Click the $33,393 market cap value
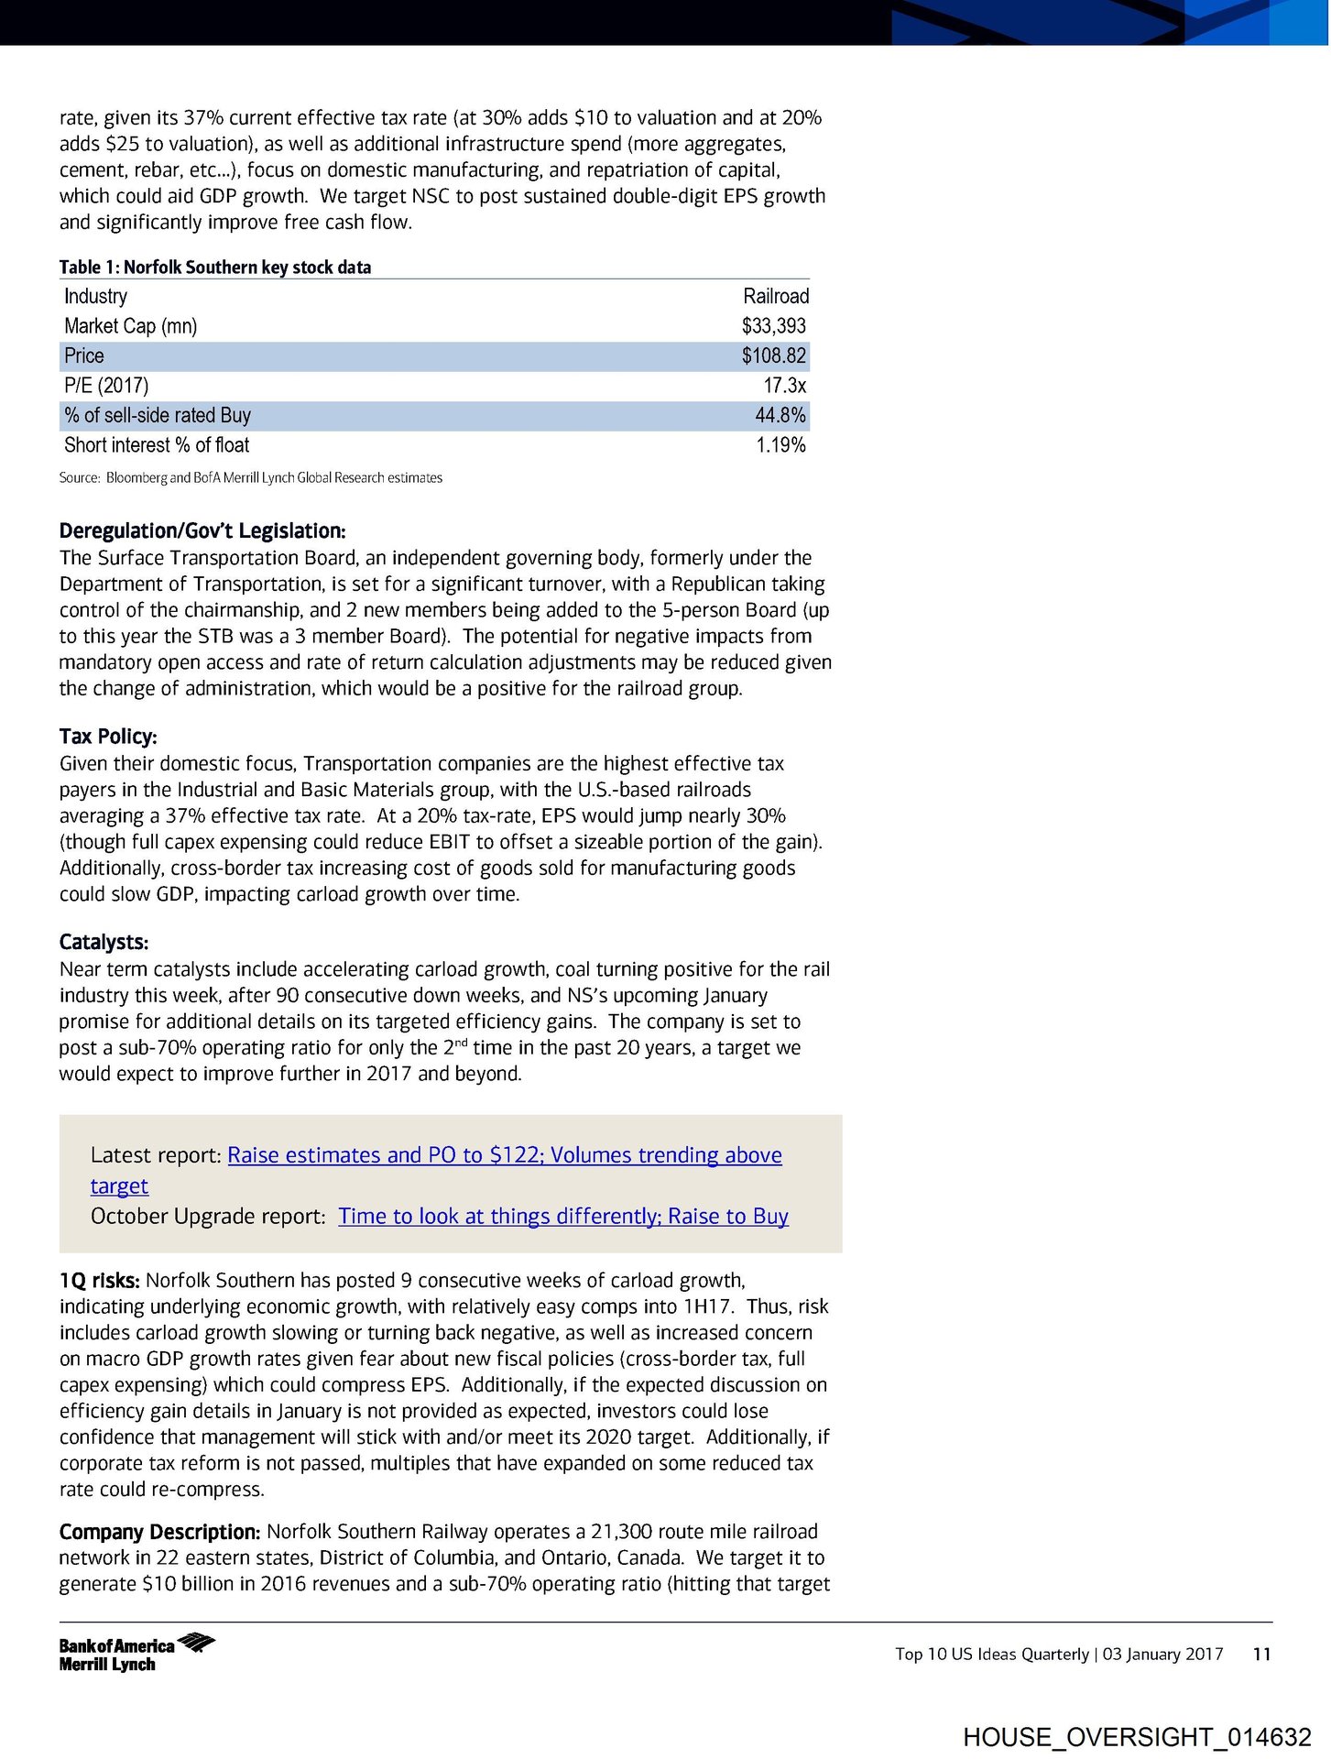773,326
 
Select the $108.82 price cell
773,355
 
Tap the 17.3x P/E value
784,386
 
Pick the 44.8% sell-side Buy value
780,415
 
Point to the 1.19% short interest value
780,445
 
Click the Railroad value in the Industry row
775,296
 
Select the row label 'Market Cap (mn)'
130,326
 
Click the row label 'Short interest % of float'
157,445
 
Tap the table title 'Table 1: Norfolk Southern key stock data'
215,267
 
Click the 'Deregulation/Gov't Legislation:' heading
202,530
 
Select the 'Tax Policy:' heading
108,737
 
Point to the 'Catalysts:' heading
104,942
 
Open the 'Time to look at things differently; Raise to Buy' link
562,1216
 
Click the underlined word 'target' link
119,1185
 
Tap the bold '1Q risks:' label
99,1280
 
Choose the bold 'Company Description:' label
159,1532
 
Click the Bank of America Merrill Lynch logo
136,1653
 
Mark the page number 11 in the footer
1261,1654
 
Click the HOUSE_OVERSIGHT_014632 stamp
1137,1736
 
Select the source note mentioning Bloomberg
250,477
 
